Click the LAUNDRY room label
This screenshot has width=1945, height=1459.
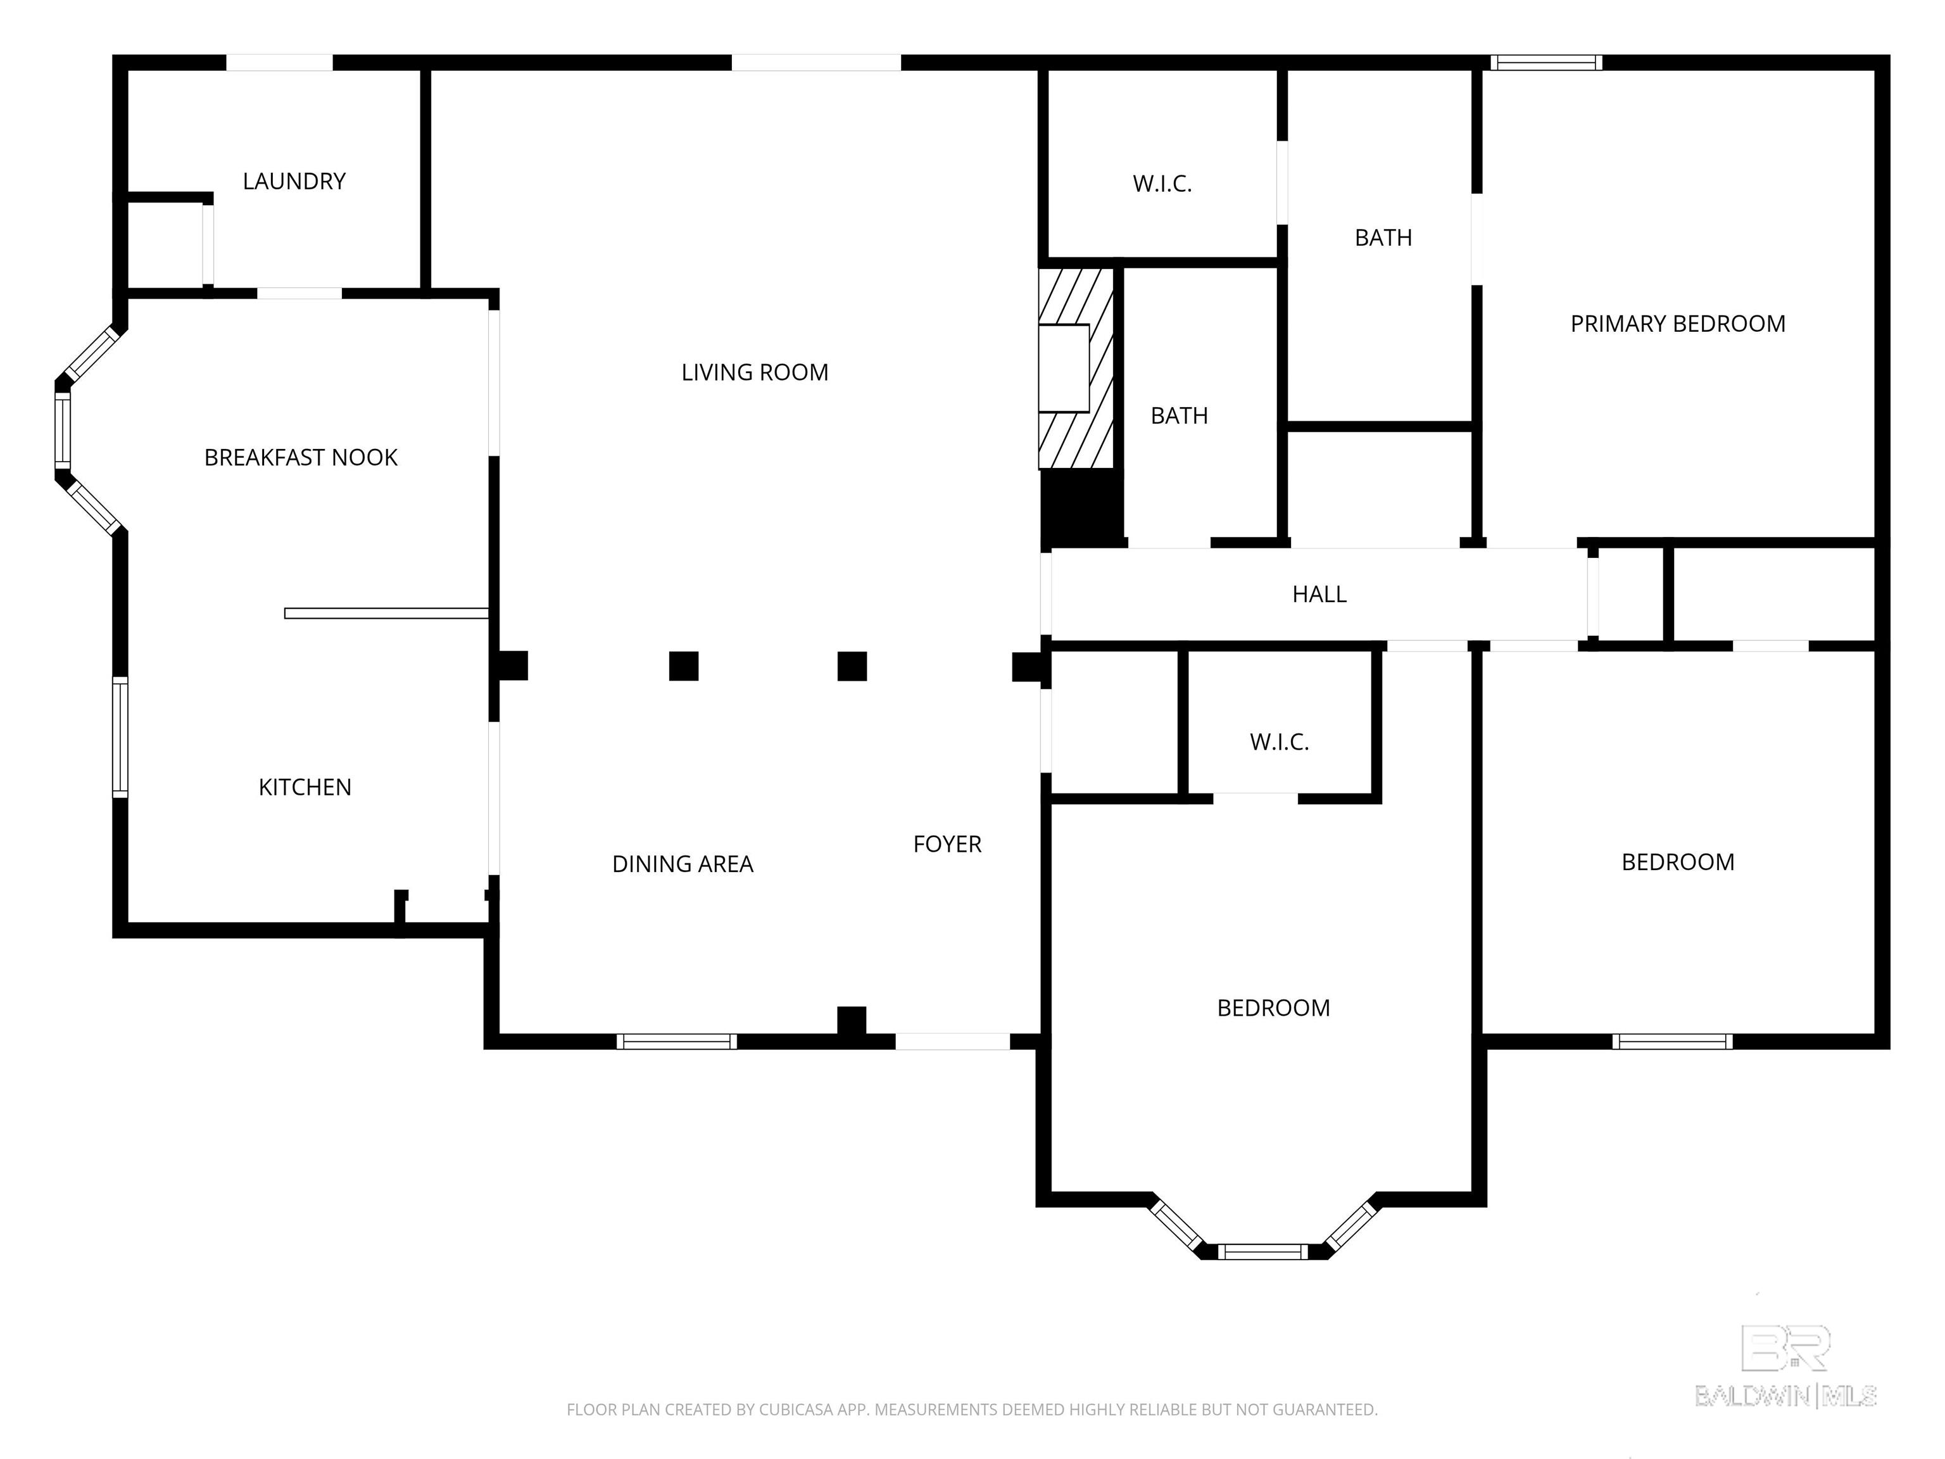coord(294,181)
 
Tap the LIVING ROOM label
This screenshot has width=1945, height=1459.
coord(755,372)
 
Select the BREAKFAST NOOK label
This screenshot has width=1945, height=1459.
coord(301,457)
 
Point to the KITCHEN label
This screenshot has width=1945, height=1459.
coord(305,787)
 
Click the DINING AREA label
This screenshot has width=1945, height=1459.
coord(683,864)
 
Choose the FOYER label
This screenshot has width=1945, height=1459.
coord(947,844)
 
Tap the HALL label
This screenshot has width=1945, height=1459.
coord(1319,595)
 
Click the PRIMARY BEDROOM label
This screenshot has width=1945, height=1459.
coord(1678,324)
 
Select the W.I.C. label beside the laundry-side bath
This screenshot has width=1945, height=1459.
coord(1162,184)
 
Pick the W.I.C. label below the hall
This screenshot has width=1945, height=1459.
coord(1280,742)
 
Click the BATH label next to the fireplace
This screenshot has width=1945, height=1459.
coord(1179,415)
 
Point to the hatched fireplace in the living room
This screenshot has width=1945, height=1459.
coord(1076,368)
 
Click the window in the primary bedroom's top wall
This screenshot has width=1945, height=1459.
coord(1545,63)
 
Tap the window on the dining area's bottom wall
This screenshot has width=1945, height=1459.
coord(676,1041)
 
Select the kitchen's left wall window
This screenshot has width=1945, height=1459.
coord(120,737)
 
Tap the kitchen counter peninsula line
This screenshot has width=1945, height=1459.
coord(387,613)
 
